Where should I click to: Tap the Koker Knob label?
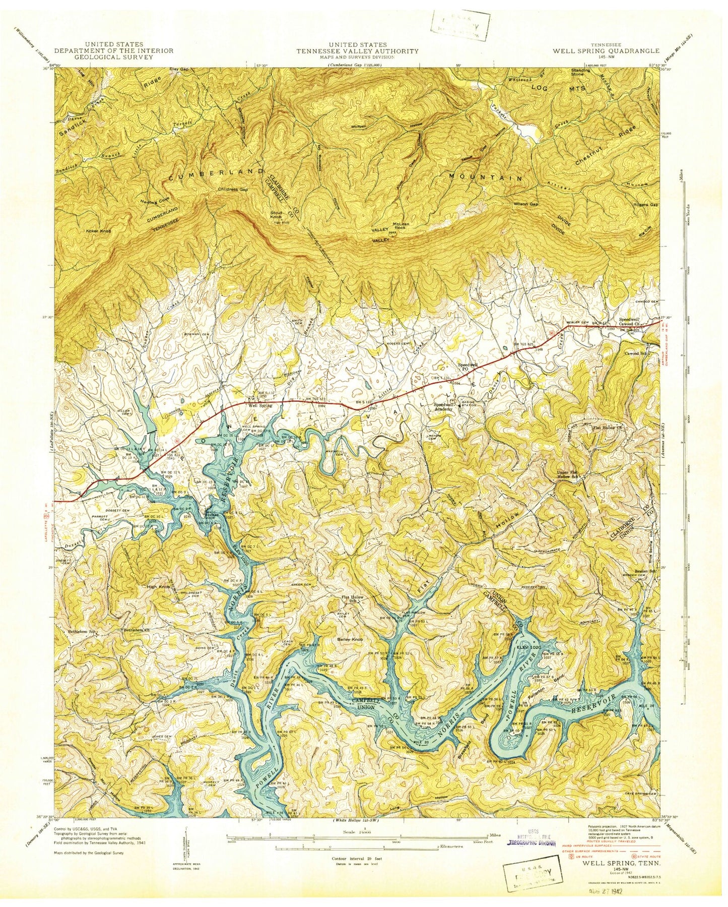(98, 231)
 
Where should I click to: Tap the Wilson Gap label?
(526, 204)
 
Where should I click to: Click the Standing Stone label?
(580, 73)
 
